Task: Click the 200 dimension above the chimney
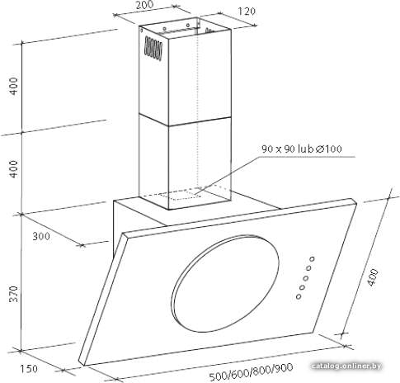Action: pos(144,5)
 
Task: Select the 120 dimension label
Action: pos(247,12)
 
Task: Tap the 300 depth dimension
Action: pos(41,236)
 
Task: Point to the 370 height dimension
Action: pos(13,294)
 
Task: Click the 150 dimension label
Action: pos(29,369)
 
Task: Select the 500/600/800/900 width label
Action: pos(251,371)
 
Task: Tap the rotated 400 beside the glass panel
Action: pos(373,277)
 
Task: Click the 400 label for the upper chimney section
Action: pos(13,86)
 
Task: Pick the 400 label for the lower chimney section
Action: pos(13,169)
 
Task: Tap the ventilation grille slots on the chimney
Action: pos(153,49)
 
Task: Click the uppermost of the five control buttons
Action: pos(312,259)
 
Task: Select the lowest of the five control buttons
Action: pos(299,296)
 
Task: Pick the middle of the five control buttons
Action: pos(305,278)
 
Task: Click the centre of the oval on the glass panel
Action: pos(225,284)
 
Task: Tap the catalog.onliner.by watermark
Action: pos(347,366)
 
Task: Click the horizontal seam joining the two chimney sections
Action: pos(185,121)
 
